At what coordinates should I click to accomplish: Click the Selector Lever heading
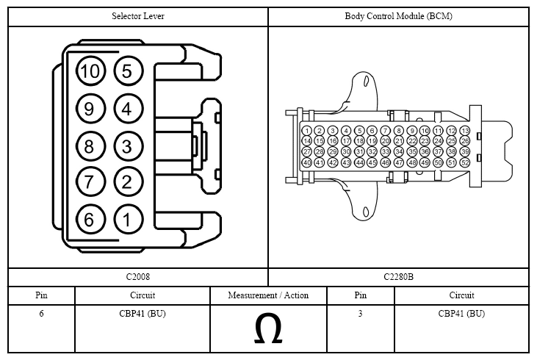pyautogui.click(x=138, y=15)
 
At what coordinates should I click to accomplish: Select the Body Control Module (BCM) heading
pyautogui.click(x=398, y=15)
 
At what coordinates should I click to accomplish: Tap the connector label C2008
pyautogui.click(x=137, y=277)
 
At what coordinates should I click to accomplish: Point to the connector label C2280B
pyautogui.click(x=398, y=277)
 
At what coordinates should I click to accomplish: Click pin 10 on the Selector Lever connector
pyautogui.click(x=90, y=71)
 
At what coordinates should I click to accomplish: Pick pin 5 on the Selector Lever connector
pyautogui.click(x=127, y=71)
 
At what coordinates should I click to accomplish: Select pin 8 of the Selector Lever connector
pyautogui.click(x=90, y=145)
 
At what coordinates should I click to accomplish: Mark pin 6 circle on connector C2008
pyautogui.click(x=90, y=219)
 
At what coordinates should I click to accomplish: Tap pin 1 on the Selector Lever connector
pyautogui.click(x=127, y=219)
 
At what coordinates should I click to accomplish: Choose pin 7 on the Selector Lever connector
pyautogui.click(x=90, y=182)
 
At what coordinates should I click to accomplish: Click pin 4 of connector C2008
pyautogui.click(x=127, y=109)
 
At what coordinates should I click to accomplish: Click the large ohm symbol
pyautogui.click(x=268, y=331)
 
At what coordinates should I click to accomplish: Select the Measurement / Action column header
pyautogui.click(x=268, y=295)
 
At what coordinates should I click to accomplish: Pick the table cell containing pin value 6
pyautogui.click(x=41, y=314)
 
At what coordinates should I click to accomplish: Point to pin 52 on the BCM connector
pyautogui.click(x=464, y=162)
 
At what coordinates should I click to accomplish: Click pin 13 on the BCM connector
pyautogui.click(x=464, y=131)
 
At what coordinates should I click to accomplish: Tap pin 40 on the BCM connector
pyautogui.click(x=307, y=162)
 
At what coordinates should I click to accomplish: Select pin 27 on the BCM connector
pyautogui.click(x=307, y=151)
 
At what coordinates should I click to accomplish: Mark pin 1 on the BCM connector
pyautogui.click(x=307, y=131)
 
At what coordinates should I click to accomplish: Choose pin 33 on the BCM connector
pyautogui.click(x=386, y=151)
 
